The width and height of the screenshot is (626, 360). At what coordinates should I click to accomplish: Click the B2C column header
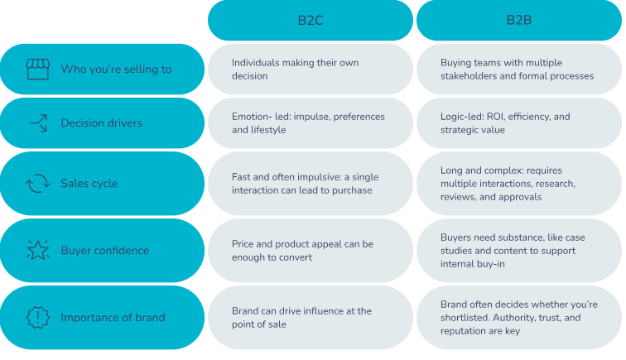click(311, 20)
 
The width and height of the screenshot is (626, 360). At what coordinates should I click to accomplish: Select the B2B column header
click(519, 20)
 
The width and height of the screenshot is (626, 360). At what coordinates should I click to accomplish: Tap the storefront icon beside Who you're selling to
click(38, 69)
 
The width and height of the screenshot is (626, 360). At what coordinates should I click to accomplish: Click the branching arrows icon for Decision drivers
click(38, 123)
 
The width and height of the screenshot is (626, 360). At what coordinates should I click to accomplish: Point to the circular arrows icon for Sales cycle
click(38, 183)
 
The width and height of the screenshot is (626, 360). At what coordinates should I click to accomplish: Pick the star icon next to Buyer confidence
click(38, 250)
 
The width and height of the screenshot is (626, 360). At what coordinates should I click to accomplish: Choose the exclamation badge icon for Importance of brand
click(38, 317)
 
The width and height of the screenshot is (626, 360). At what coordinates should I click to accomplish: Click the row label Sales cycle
click(89, 183)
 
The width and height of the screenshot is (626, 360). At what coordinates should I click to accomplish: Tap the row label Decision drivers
click(101, 123)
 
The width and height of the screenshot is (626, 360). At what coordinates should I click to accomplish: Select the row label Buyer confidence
click(105, 250)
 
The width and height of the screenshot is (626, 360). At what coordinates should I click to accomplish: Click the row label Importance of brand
click(113, 317)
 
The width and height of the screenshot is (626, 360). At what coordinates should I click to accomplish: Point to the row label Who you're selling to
click(116, 69)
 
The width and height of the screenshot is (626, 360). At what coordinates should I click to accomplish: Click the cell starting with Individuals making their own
click(311, 69)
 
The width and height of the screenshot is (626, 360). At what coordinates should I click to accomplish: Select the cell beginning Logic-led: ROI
click(519, 123)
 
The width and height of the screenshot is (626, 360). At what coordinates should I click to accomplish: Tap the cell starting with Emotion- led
click(311, 123)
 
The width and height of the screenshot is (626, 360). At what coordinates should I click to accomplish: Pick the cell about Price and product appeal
click(311, 250)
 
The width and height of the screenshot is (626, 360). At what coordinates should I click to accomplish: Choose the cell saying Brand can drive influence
click(311, 317)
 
